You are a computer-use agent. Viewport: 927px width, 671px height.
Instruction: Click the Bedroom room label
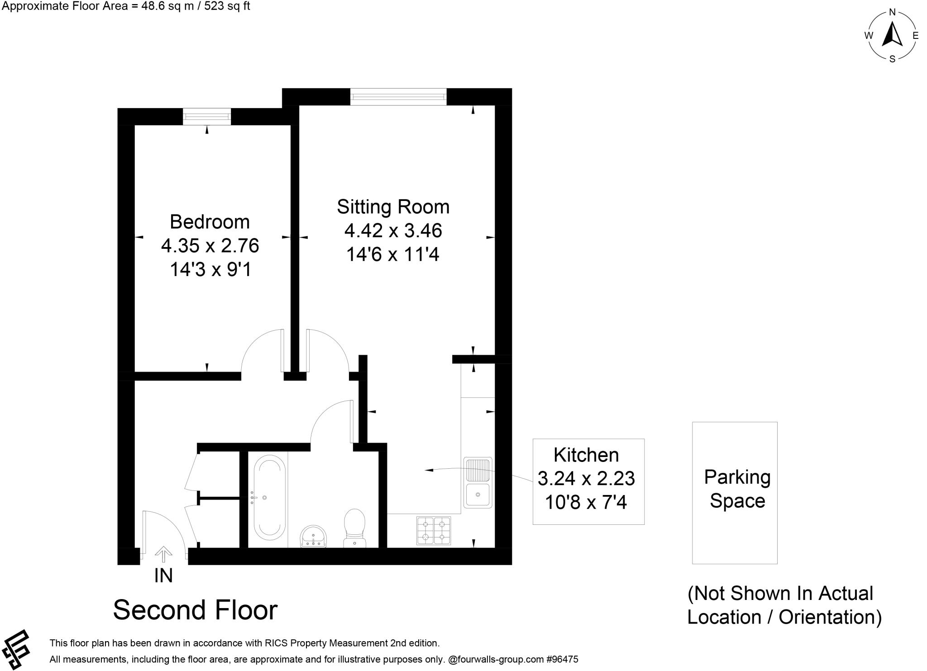click(x=210, y=222)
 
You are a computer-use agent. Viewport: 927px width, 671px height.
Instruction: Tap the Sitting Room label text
click(x=393, y=207)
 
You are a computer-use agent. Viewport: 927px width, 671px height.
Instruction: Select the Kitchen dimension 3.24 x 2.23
click(x=586, y=478)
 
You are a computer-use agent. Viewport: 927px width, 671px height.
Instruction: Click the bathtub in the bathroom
click(x=270, y=498)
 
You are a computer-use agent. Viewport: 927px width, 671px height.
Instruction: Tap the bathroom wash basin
click(x=313, y=536)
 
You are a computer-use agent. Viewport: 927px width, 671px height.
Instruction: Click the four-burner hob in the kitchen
click(x=434, y=530)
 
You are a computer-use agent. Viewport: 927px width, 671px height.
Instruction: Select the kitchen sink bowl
click(x=478, y=495)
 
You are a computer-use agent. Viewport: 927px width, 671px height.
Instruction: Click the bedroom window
click(x=207, y=117)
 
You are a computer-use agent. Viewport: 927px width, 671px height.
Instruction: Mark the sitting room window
click(x=398, y=96)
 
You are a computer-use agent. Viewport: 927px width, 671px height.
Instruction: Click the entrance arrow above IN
click(x=163, y=554)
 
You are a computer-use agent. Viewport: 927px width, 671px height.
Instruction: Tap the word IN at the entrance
click(x=163, y=576)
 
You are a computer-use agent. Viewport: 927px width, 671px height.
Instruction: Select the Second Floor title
click(x=195, y=610)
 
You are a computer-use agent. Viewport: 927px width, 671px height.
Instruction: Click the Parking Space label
click(x=737, y=489)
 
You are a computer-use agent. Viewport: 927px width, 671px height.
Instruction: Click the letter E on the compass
click(x=915, y=36)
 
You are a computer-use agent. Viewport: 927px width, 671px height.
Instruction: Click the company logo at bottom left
click(x=15, y=649)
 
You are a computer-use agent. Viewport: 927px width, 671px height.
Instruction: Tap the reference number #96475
click(x=562, y=659)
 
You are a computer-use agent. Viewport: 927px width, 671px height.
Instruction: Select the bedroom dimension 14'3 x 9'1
click(x=210, y=270)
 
